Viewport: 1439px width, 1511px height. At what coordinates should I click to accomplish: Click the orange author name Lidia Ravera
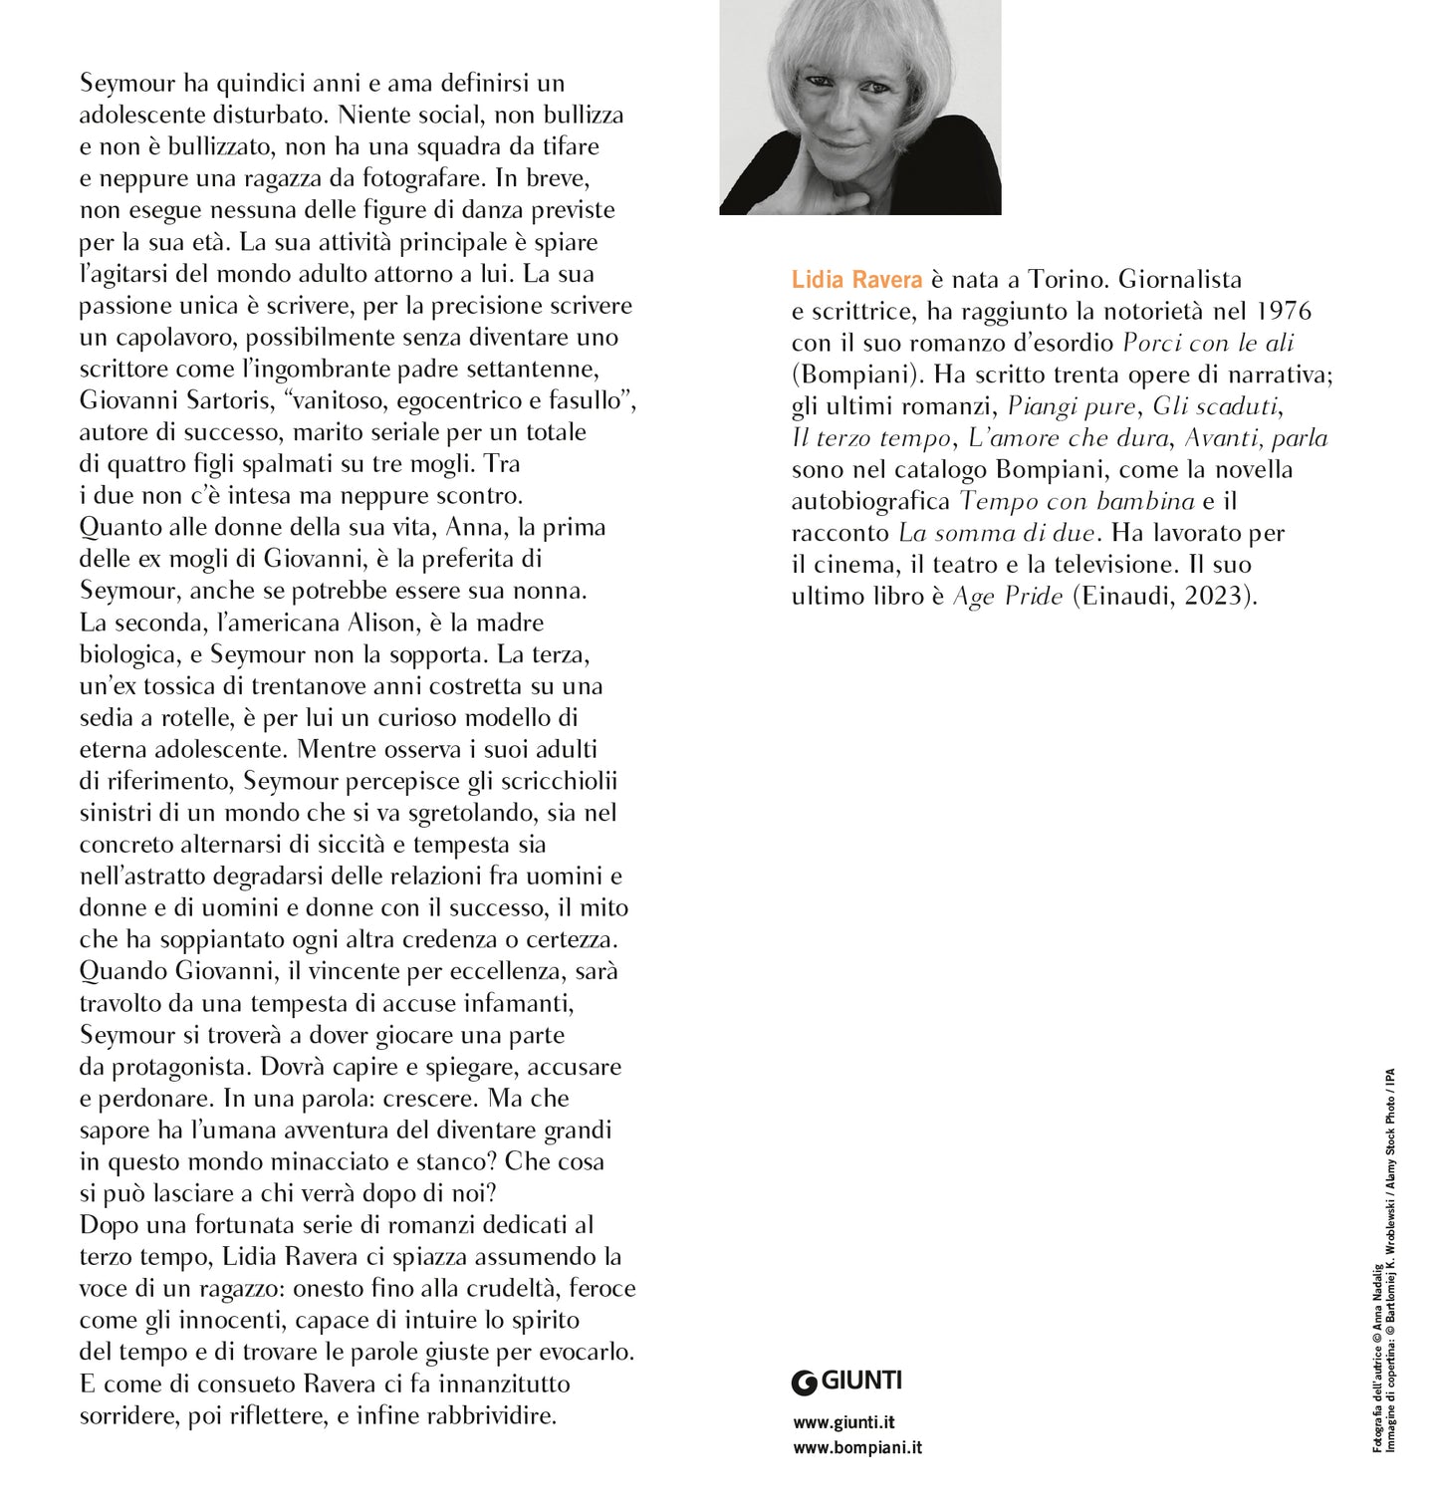pos(856,281)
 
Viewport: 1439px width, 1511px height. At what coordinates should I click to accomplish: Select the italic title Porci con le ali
pos(1208,344)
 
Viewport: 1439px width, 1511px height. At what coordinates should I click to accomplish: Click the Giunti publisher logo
pos(846,1381)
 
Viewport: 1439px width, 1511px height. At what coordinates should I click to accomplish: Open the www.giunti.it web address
pos(843,1422)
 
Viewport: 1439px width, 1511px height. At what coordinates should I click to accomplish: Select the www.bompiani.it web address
pos(857,1447)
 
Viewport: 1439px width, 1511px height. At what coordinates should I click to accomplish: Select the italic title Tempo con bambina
pos(1063,501)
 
